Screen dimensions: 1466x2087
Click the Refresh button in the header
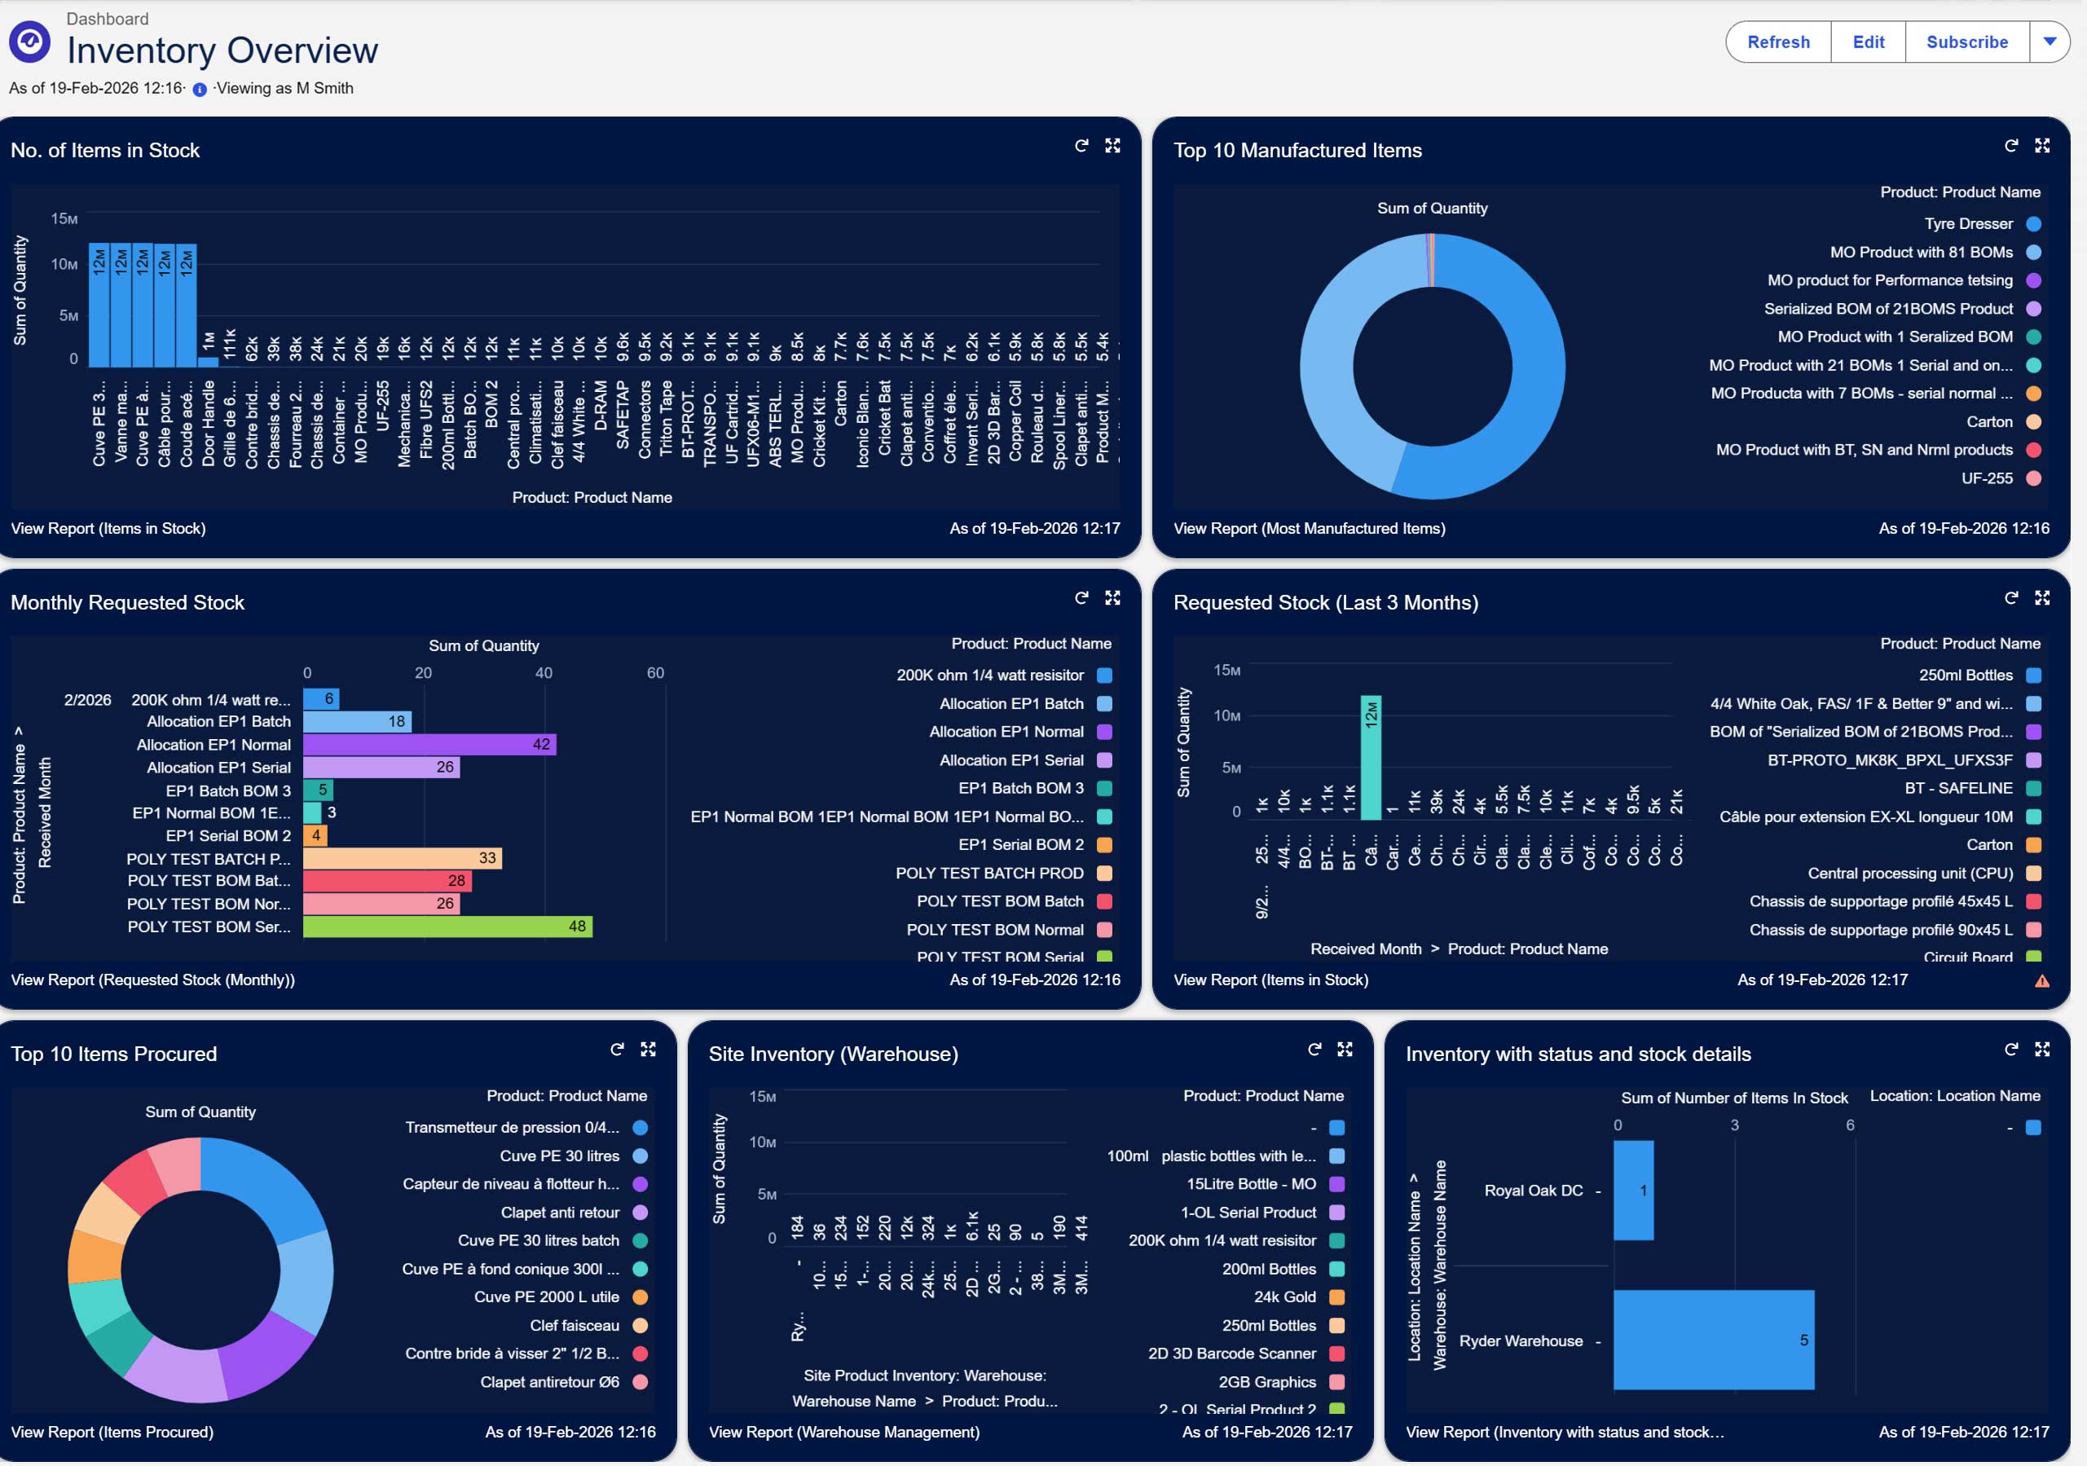[1778, 42]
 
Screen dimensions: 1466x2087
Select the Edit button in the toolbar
[1868, 42]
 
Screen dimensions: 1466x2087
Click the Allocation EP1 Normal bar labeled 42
[429, 744]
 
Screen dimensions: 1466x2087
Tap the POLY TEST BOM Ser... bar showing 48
[447, 927]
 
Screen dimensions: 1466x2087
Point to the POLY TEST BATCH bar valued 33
[402, 858]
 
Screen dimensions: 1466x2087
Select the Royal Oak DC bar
[1632, 1190]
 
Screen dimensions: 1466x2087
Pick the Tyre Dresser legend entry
[1968, 223]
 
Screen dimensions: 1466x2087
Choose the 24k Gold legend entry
[1284, 1297]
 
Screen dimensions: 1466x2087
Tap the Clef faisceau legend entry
[575, 1325]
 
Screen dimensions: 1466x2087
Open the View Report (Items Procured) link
[112, 1432]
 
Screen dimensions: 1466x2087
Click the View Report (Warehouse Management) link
[843, 1432]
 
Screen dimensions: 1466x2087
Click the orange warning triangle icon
[2041, 980]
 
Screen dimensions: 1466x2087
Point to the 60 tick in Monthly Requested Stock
[655, 672]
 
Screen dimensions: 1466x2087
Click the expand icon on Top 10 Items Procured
[648, 1049]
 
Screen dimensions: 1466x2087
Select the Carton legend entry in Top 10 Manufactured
[1989, 422]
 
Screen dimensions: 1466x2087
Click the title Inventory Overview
[222, 50]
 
